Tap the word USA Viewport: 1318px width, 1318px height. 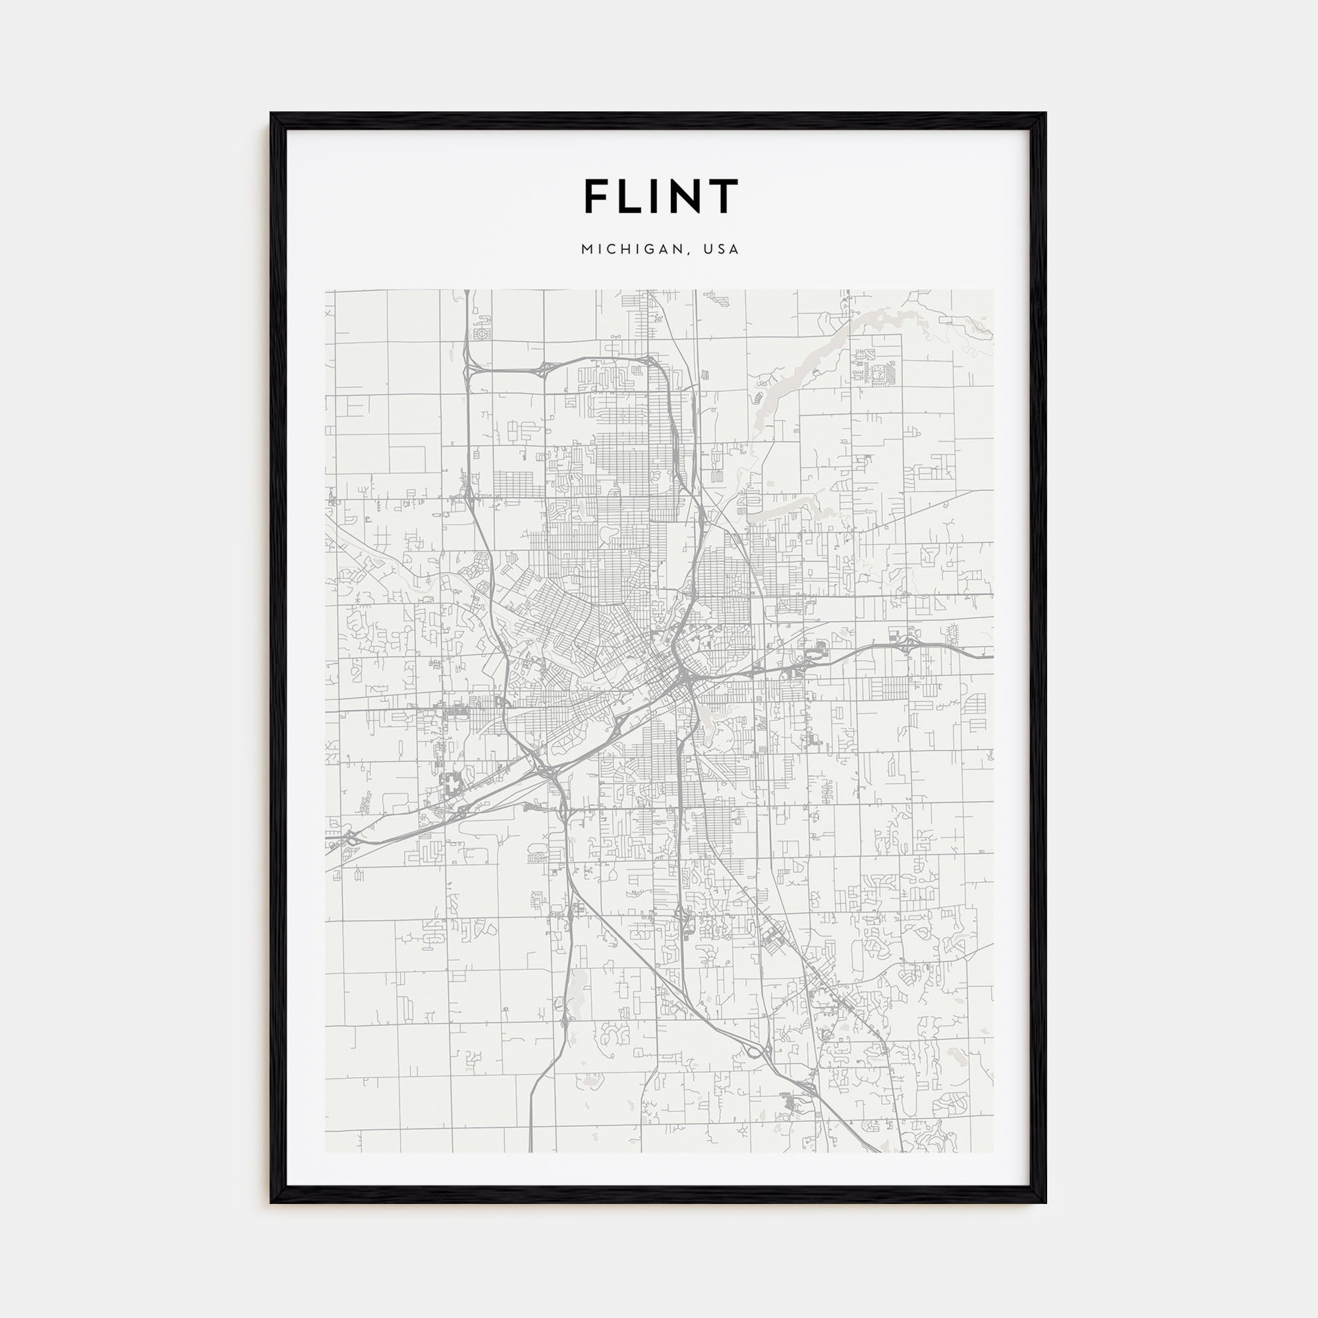[x=723, y=250]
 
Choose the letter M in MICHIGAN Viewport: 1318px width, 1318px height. [x=586, y=250]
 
